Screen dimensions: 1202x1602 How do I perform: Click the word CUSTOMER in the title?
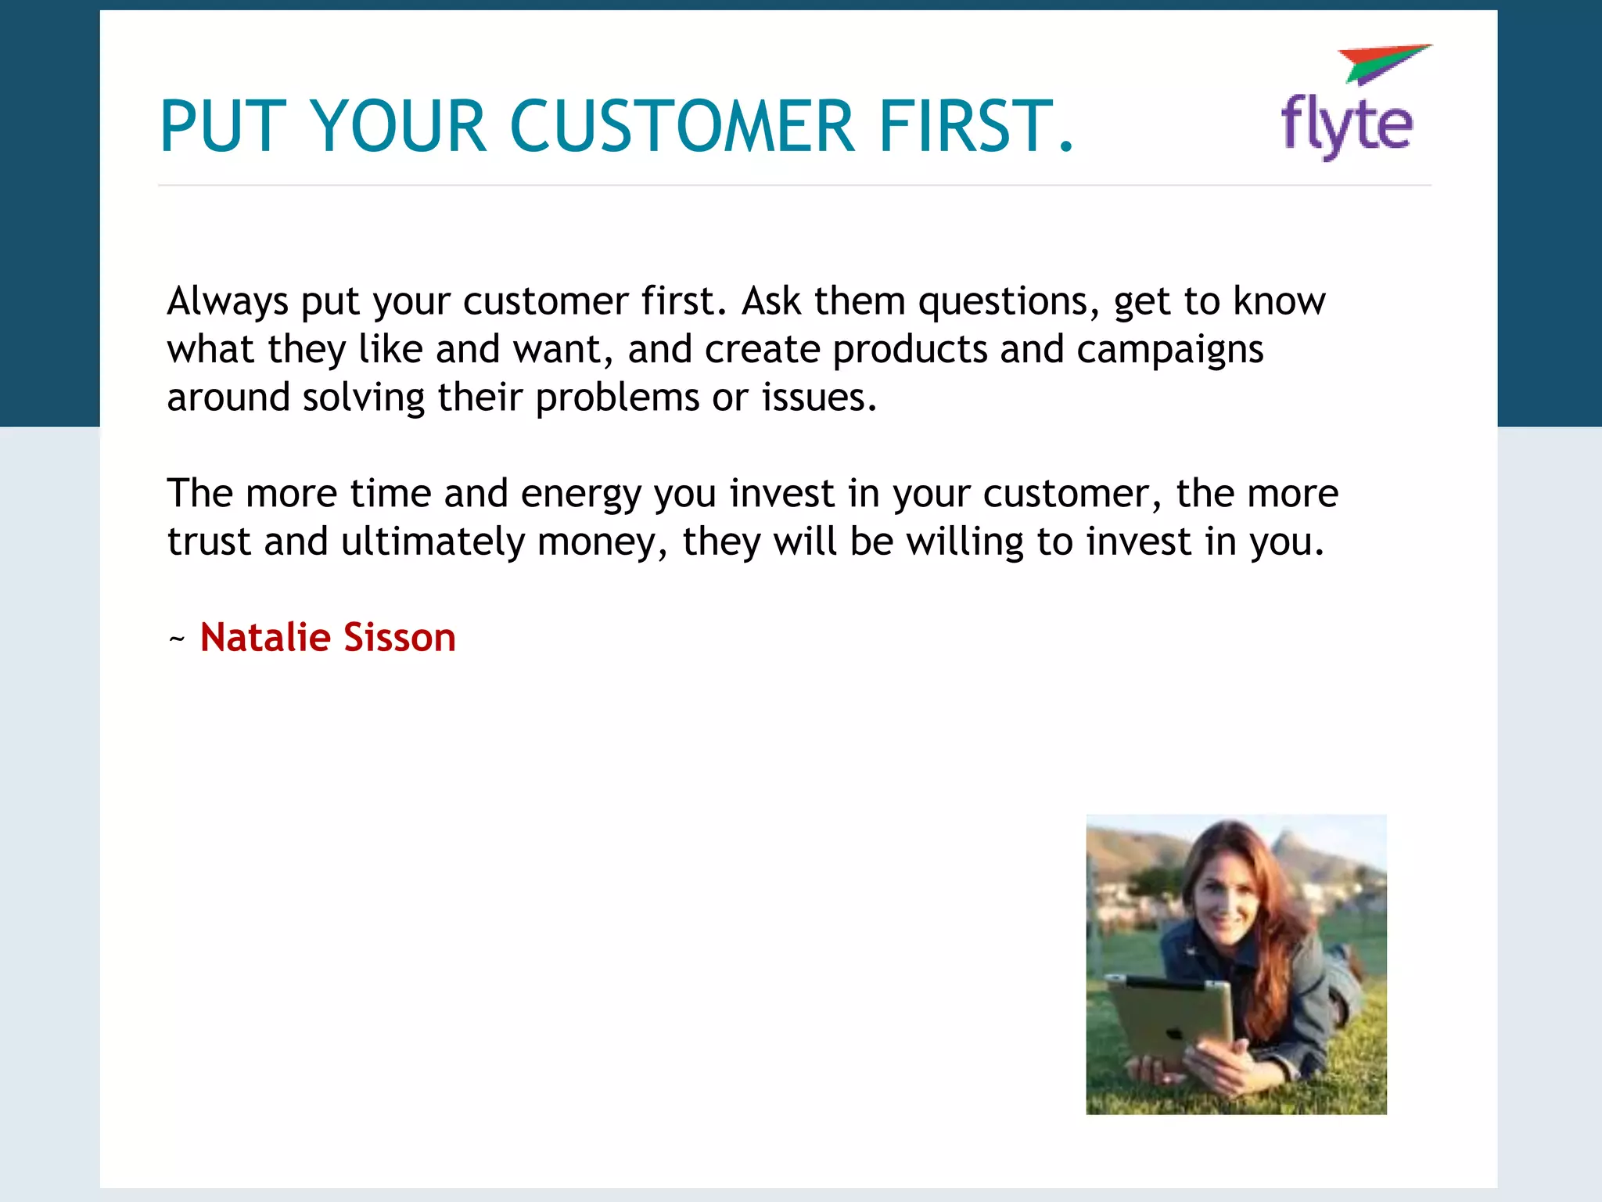(682, 126)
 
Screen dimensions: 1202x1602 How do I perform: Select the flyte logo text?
(1346, 125)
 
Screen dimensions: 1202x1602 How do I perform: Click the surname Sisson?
(399, 637)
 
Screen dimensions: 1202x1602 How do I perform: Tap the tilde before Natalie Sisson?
(177, 639)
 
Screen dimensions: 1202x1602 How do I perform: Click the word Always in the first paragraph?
(228, 301)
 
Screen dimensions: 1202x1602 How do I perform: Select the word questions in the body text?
(1002, 301)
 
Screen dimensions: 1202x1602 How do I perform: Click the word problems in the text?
(616, 398)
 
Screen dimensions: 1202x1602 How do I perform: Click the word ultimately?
(433, 542)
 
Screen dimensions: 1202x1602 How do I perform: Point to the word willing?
(965, 542)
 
